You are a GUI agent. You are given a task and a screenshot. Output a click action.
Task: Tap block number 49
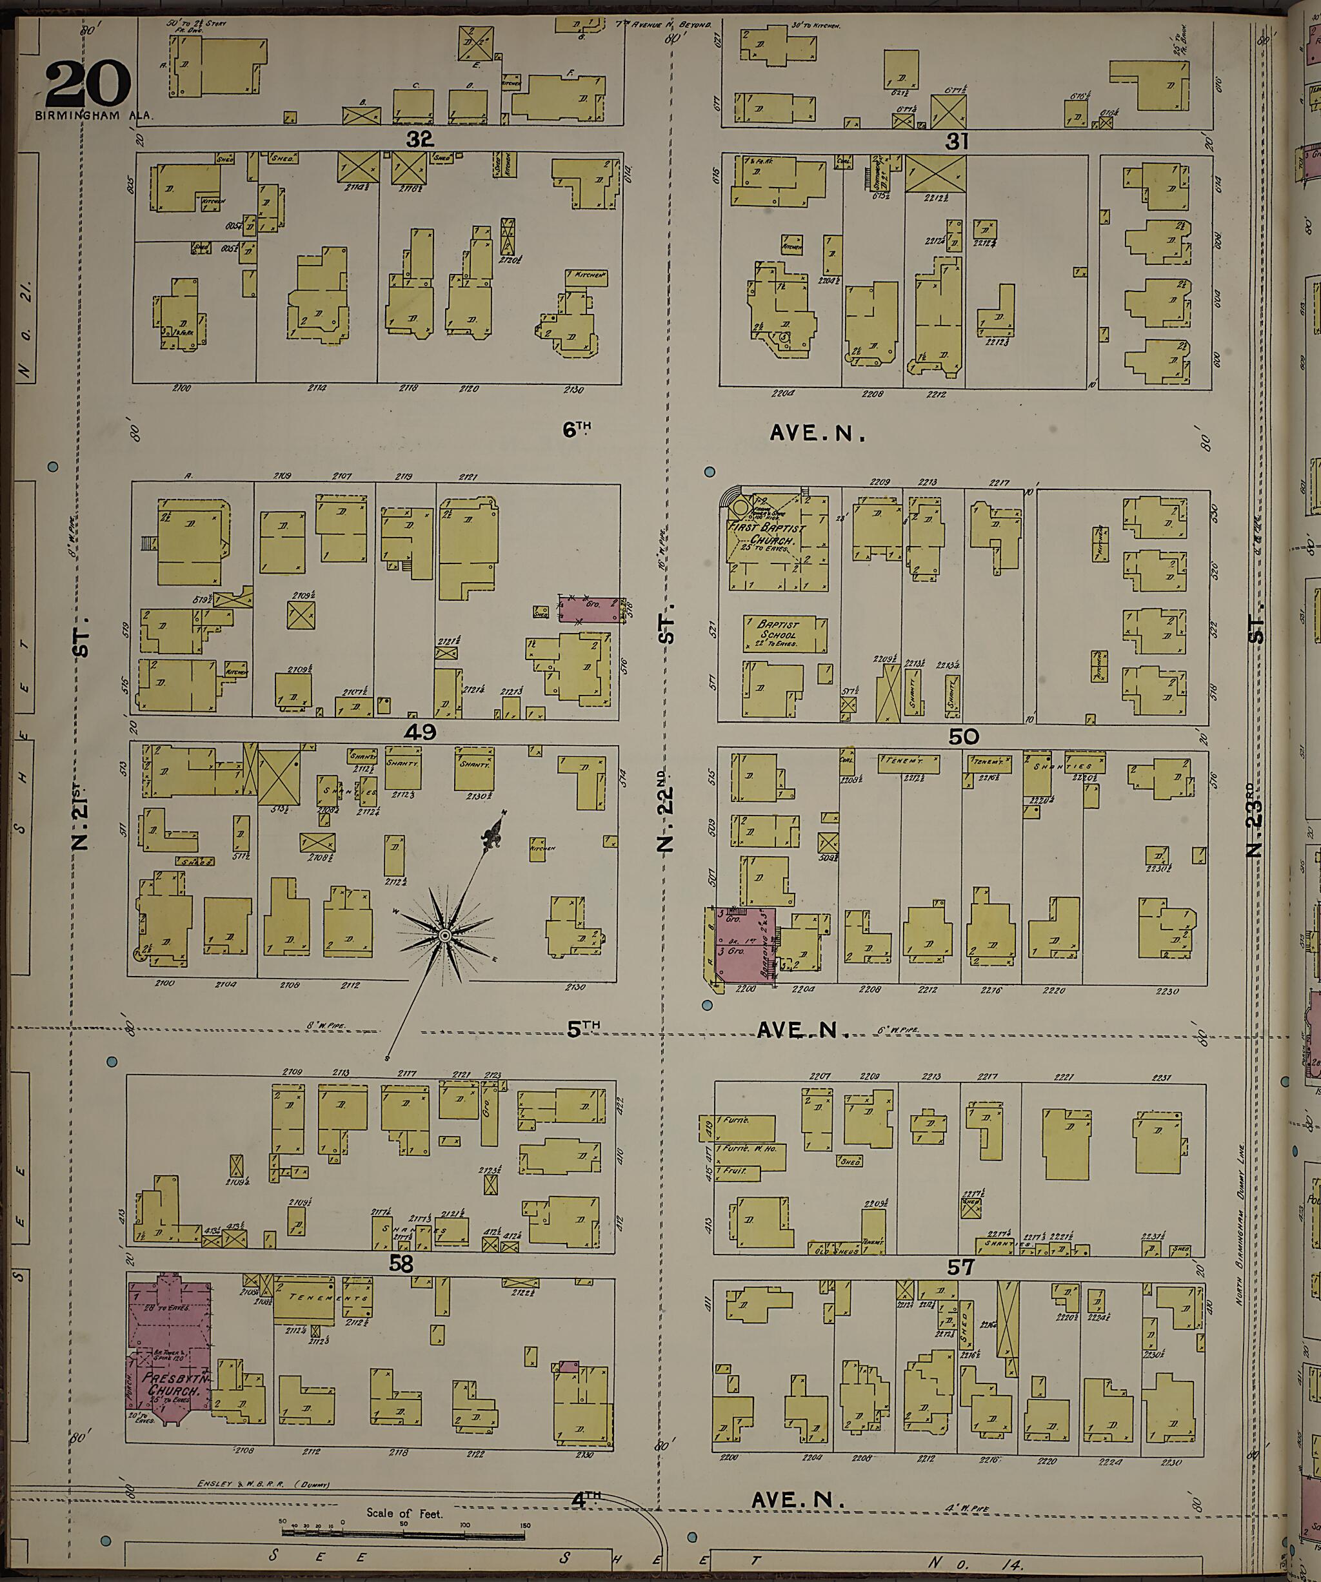(x=421, y=732)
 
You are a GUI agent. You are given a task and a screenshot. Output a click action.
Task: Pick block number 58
(x=400, y=1265)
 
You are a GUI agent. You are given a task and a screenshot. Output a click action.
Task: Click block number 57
(x=961, y=1268)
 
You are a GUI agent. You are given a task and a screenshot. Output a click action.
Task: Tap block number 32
(x=419, y=139)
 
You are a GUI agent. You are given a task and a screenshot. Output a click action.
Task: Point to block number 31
(x=957, y=141)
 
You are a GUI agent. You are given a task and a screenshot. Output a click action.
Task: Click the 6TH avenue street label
(x=577, y=429)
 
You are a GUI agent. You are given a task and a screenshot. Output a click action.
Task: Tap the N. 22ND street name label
(x=664, y=817)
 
